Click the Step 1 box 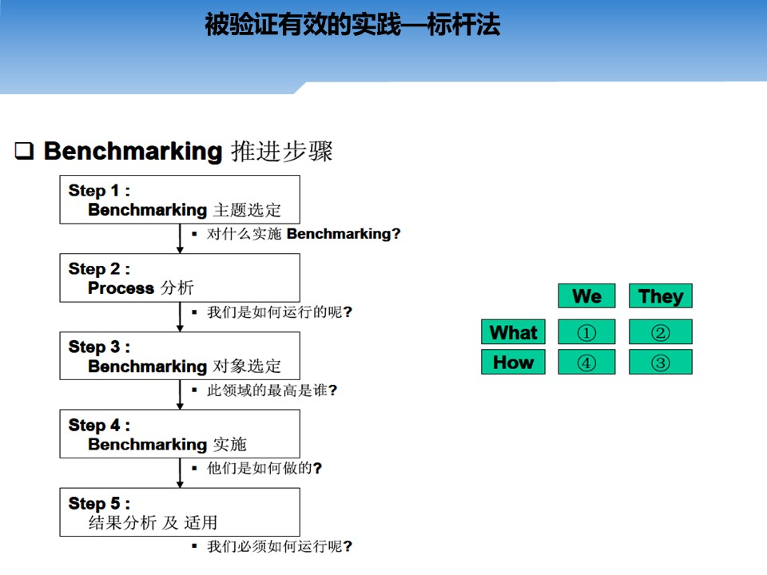pos(180,200)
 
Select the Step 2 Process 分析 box pos(180,278)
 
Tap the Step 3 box pos(180,356)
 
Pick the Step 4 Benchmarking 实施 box pos(180,434)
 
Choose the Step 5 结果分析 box pos(180,512)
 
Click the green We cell pos(586,295)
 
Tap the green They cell pos(661,295)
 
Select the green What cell pos(513,332)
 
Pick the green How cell pos(513,362)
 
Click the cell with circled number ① pos(586,332)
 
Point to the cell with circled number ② pos(661,332)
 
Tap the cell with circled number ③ pos(661,362)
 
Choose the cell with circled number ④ pos(586,362)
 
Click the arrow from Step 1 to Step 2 pos(180,239)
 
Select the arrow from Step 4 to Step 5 pos(180,473)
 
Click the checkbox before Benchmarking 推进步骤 pos(24,151)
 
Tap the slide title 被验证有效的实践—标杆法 pos(352,25)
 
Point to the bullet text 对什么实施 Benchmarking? pos(304,234)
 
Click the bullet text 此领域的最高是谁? pos(272,391)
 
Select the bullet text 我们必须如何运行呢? pos(280,546)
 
